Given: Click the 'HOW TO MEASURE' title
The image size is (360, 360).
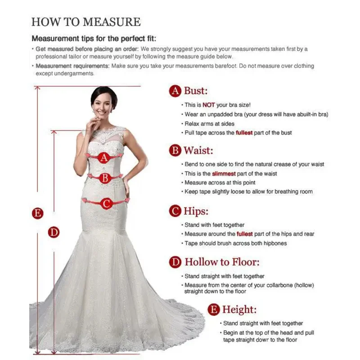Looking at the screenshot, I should coord(85,22).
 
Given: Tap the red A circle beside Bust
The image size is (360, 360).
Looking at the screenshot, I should coord(175,91).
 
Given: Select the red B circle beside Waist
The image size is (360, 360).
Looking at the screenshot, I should coord(175,150).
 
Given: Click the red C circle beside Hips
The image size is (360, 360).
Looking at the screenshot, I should coord(175,211).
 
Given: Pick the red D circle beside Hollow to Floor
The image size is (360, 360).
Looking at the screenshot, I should coord(175,262).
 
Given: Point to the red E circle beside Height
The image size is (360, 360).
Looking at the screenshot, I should coord(214,310).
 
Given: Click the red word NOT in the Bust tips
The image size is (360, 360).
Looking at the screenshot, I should coord(209,105).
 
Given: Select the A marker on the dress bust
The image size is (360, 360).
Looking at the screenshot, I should coord(104,157).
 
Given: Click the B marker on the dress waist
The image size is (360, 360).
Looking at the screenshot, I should coord(104,178).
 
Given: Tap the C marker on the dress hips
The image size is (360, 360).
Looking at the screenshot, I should coord(106,204).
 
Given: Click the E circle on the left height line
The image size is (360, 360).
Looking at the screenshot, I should coord(38,213).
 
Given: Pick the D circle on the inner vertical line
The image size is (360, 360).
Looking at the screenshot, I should coord(54,232).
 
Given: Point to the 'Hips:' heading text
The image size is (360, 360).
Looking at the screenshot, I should coord(196,211).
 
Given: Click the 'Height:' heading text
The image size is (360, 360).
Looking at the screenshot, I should coord(239,310).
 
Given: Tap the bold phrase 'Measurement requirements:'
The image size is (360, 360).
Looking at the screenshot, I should coord(72,66).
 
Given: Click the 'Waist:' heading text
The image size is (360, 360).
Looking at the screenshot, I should coord(198,150).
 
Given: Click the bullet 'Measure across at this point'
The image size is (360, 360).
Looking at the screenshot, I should coord(220,183).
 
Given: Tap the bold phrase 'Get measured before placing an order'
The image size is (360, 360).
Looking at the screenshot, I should coord(87,49).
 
